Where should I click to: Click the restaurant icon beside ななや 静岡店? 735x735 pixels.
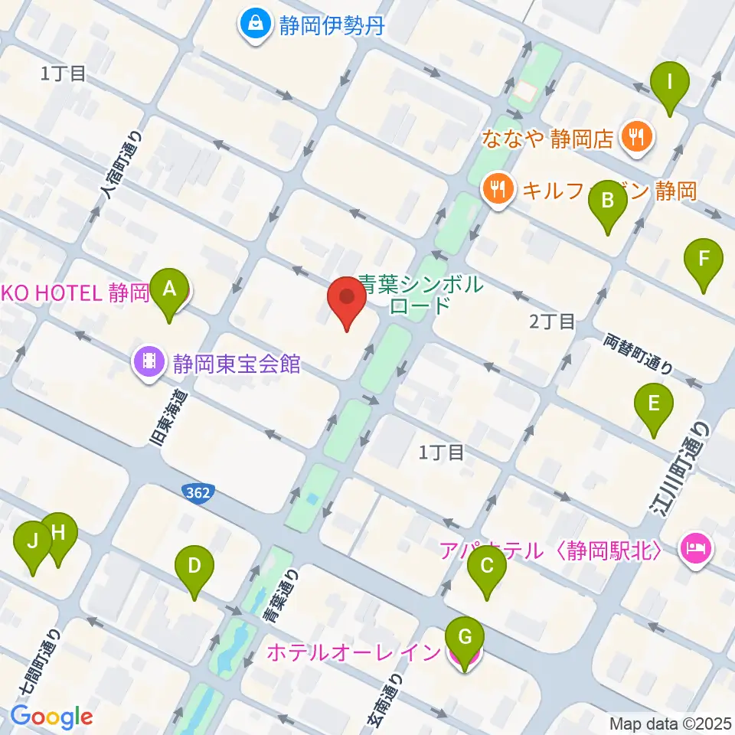point(636,138)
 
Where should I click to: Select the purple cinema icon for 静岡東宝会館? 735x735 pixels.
point(148,361)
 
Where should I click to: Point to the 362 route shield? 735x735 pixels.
point(200,492)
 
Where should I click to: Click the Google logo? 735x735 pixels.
point(51,717)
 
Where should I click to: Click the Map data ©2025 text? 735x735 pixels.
point(669,723)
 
